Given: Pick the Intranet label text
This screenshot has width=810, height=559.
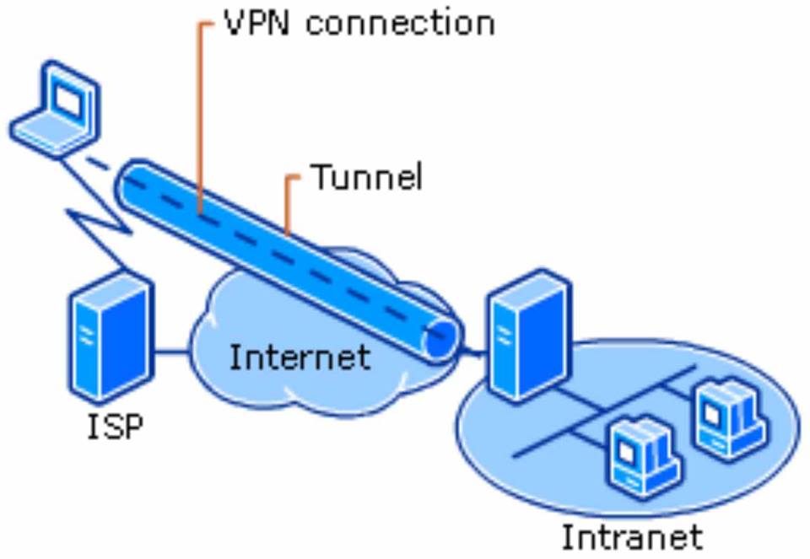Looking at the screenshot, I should pyautogui.click(x=631, y=537).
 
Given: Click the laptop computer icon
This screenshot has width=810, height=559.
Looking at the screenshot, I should pyautogui.click(x=55, y=110).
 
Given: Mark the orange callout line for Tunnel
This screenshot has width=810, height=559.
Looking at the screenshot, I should pyautogui.click(x=288, y=202).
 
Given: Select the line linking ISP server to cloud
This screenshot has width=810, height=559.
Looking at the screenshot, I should pyautogui.click(x=172, y=351).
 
